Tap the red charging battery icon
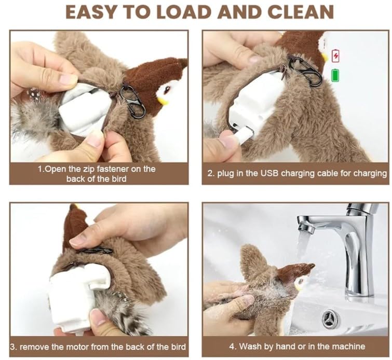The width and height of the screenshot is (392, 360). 335,56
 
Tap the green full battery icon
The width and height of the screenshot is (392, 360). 335,75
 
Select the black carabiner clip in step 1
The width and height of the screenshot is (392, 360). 132,101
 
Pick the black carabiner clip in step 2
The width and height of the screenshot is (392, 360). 305,71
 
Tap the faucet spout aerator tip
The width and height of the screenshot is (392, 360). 306,228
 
